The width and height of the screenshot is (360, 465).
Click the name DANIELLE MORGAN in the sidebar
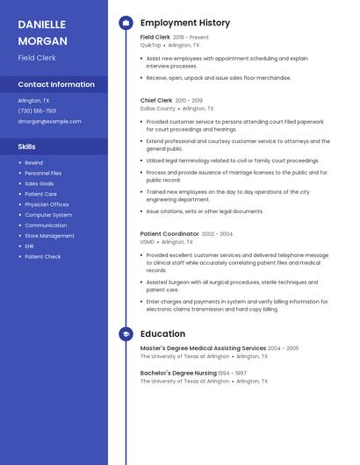(x=43, y=32)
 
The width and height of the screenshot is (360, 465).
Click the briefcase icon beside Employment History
(x=126, y=23)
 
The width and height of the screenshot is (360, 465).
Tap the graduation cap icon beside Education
(x=126, y=334)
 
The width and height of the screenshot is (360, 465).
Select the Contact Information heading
(x=56, y=85)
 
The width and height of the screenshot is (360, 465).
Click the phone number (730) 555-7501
(x=37, y=111)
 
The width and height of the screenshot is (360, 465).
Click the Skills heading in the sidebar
(x=27, y=147)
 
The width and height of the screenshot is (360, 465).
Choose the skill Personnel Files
(x=43, y=174)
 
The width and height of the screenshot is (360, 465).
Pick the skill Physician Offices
(x=47, y=204)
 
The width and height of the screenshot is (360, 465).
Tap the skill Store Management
(x=49, y=236)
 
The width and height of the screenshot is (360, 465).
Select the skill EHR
(x=29, y=247)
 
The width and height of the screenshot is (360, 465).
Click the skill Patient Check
(x=43, y=257)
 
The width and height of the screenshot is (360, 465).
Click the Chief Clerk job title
(x=156, y=101)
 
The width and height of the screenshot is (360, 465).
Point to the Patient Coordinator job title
(x=169, y=234)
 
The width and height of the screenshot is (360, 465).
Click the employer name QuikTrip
(x=151, y=45)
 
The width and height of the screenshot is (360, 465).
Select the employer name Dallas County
(x=158, y=109)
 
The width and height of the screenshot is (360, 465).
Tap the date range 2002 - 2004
(x=217, y=234)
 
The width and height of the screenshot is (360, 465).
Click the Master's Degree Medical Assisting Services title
(x=203, y=348)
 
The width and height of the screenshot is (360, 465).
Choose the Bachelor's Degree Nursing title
(x=179, y=373)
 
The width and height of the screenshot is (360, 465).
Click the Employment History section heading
(x=185, y=23)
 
